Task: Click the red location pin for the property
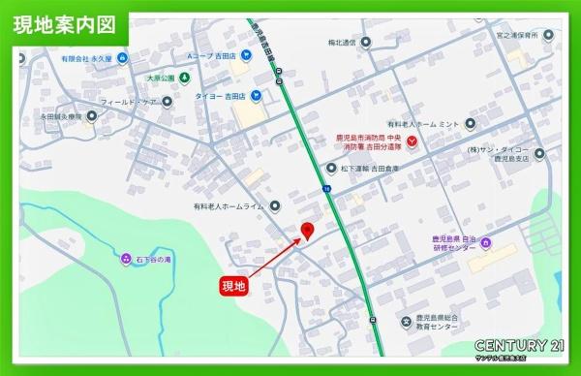tap(308, 231)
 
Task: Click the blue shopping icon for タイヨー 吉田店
tap(255, 95)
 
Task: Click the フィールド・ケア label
tap(129, 101)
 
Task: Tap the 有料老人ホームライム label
tap(229, 205)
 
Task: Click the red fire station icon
tap(413, 143)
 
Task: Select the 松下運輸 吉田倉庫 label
tap(375, 167)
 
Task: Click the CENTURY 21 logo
tap(518, 346)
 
